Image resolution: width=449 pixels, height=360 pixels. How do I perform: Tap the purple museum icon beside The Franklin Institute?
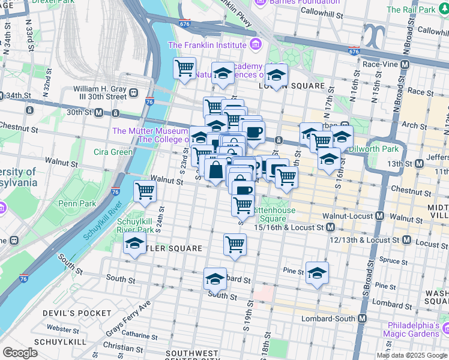(x=256, y=44)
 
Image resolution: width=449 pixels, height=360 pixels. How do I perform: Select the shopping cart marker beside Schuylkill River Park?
(x=145, y=192)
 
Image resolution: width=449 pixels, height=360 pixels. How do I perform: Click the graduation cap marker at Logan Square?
(x=276, y=76)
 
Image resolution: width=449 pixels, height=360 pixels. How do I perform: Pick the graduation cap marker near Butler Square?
(x=134, y=245)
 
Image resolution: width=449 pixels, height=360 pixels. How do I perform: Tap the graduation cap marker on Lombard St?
(x=215, y=279)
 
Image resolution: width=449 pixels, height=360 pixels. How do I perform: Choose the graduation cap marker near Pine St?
(x=317, y=273)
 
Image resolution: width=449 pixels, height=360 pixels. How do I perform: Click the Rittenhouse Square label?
(x=274, y=214)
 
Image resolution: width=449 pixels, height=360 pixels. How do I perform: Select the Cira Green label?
(x=113, y=152)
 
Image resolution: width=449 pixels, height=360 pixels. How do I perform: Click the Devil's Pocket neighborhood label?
(x=69, y=313)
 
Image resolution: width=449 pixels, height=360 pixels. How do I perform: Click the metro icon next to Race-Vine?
(x=405, y=64)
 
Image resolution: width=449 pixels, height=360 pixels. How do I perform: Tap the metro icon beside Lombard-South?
(x=362, y=319)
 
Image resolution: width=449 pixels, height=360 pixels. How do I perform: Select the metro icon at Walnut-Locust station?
(x=379, y=215)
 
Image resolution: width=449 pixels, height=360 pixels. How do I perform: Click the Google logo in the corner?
(x=20, y=353)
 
